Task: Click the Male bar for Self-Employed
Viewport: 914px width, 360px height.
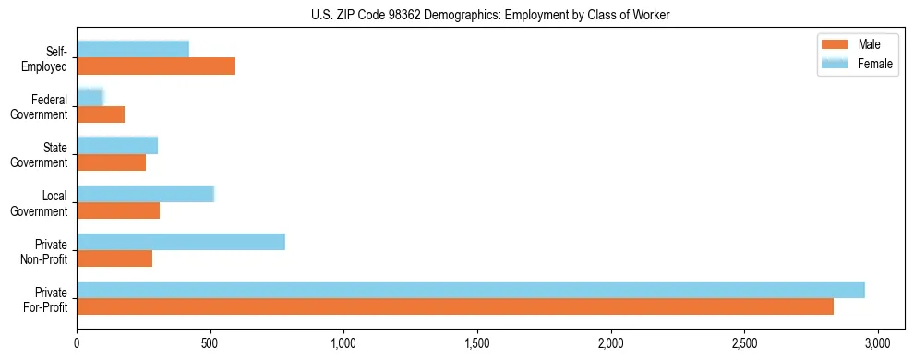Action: pos(155,66)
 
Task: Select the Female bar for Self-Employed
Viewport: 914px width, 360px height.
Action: pos(133,49)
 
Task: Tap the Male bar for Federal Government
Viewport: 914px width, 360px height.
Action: pos(101,114)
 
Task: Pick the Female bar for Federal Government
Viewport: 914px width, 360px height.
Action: pos(90,97)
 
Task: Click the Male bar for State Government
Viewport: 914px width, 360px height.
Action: pos(111,162)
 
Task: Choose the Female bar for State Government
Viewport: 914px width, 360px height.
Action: pos(117,145)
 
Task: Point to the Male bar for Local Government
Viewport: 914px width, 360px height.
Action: pos(118,210)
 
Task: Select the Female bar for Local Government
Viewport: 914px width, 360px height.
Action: pos(145,194)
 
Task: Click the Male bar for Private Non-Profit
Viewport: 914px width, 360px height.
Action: pos(114,258)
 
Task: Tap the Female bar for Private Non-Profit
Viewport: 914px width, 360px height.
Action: pos(181,242)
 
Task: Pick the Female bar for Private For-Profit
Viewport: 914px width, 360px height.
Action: pos(471,290)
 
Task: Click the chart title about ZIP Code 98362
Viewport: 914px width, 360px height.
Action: pos(490,14)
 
